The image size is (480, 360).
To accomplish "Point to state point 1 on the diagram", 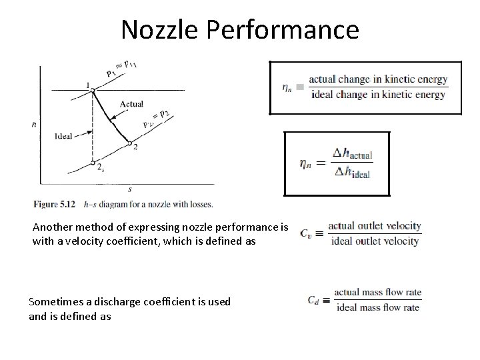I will (x=93, y=89).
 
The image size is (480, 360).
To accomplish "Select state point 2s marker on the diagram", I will (x=93, y=163).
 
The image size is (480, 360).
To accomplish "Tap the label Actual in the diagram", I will (x=131, y=104).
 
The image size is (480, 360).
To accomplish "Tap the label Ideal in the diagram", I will (x=65, y=137).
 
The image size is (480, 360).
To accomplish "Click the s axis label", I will (x=129, y=190).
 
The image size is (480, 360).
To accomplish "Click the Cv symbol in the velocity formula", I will (x=305, y=233).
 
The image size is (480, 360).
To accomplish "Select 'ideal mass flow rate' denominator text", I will (x=378, y=307).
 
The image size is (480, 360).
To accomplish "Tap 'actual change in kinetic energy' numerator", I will (x=378, y=79).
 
